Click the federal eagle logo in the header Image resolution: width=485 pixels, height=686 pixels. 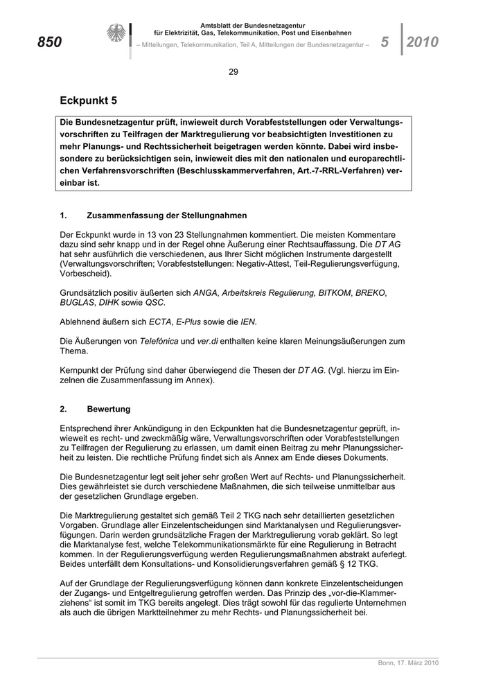(x=115, y=34)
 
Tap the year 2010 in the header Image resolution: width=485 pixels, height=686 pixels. (x=423, y=42)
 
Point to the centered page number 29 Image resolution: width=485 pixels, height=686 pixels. (x=233, y=72)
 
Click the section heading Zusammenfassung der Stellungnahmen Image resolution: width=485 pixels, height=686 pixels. (x=167, y=216)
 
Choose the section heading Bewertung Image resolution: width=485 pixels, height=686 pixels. (x=109, y=410)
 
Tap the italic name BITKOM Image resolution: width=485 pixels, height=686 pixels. (x=335, y=293)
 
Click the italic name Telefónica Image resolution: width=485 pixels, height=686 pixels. (x=160, y=341)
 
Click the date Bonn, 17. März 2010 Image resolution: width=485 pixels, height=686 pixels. (x=408, y=663)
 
